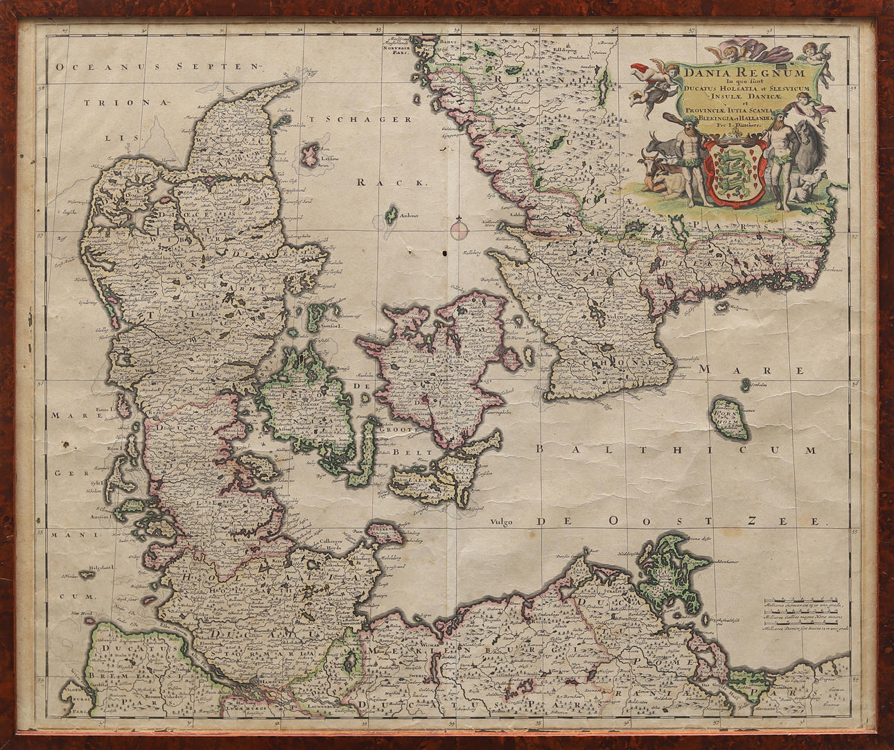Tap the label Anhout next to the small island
[410, 216]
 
